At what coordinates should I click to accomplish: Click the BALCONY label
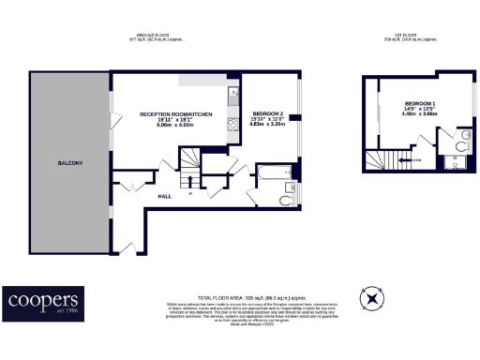pos(70,164)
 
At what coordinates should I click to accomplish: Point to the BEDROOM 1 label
pos(420,102)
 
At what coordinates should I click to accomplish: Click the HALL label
pos(164,196)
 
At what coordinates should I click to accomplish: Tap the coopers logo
pos(43,301)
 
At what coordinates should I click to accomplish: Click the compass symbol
pos(373,299)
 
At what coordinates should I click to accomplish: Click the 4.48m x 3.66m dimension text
pos(420,113)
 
